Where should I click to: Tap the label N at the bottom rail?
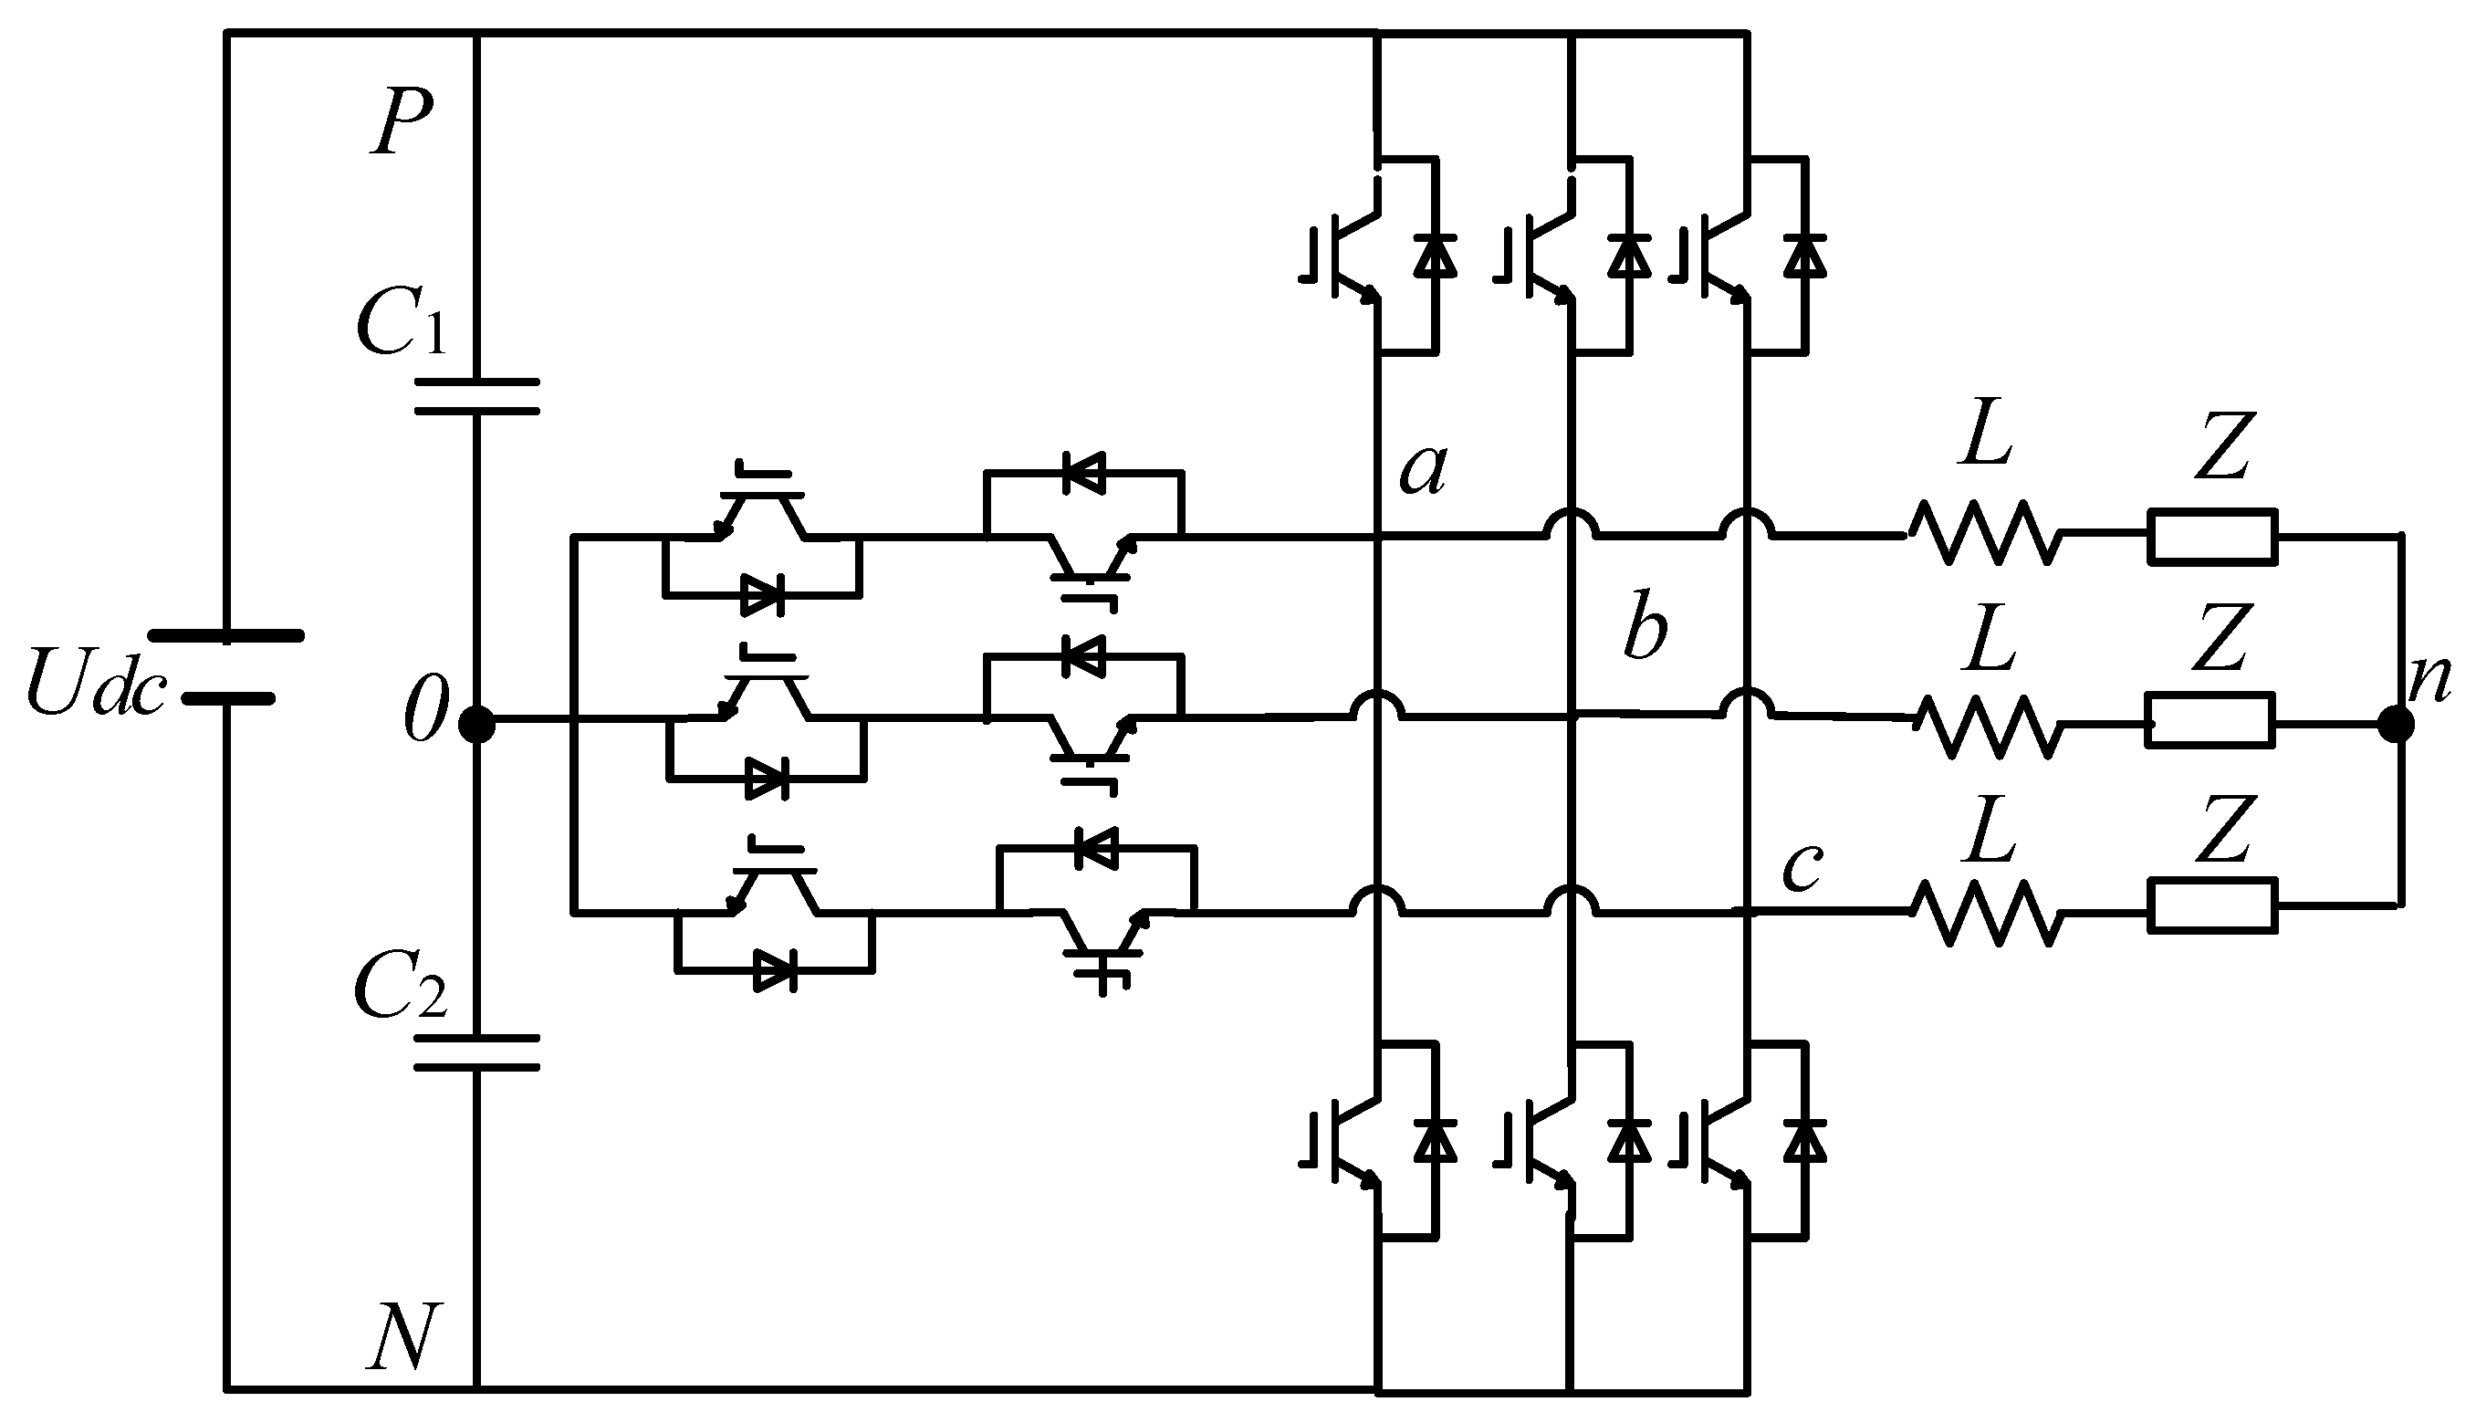point(401,1336)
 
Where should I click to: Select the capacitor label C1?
point(401,323)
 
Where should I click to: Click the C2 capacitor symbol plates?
point(476,1052)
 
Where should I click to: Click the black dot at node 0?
point(476,724)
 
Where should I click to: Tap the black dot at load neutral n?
point(2395,724)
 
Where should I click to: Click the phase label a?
point(1422,470)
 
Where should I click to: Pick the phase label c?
point(1801,866)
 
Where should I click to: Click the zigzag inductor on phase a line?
point(1983,534)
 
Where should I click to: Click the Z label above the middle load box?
point(2222,637)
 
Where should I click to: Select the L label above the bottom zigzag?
point(1990,832)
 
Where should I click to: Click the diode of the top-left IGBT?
point(1435,256)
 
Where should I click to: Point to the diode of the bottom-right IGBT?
point(1803,1141)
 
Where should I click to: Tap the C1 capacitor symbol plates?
point(476,396)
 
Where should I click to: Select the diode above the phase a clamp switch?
point(1082,474)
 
